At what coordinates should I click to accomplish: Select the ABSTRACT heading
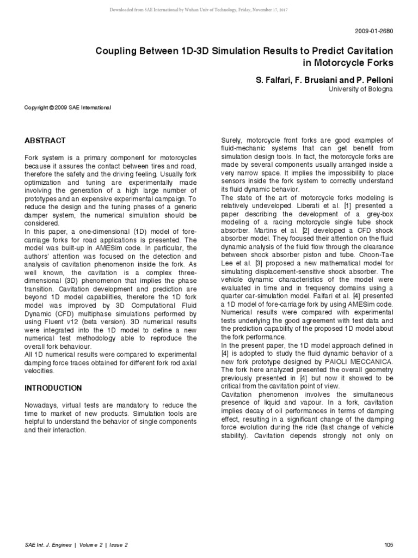[45, 140]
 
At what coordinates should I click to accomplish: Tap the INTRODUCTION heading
[53, 388]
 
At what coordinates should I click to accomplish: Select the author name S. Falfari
[273, 80]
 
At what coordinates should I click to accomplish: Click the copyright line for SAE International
[68, 108]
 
